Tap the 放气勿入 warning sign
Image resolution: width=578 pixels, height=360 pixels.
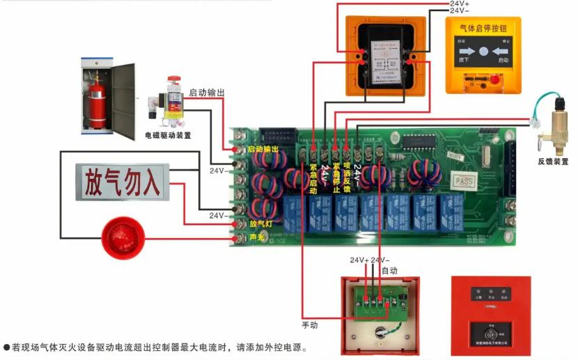pos(123,182)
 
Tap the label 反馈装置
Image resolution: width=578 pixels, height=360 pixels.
pos(552,162)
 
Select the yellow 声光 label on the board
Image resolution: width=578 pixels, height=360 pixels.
pos(258,238)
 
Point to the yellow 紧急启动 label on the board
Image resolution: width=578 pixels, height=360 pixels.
pos(313,179)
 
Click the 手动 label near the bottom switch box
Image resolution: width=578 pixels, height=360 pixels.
pos(309,324)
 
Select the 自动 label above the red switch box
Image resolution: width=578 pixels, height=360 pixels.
pos(389,269)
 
